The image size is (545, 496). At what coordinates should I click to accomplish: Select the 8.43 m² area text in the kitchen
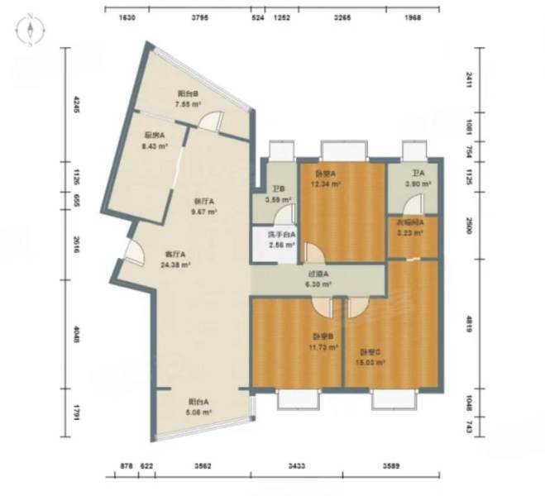tap(155, 145)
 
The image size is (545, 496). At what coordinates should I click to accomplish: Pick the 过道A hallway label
tap(319, 274)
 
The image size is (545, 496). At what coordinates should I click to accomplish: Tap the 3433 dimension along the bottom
tap(296, 467)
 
